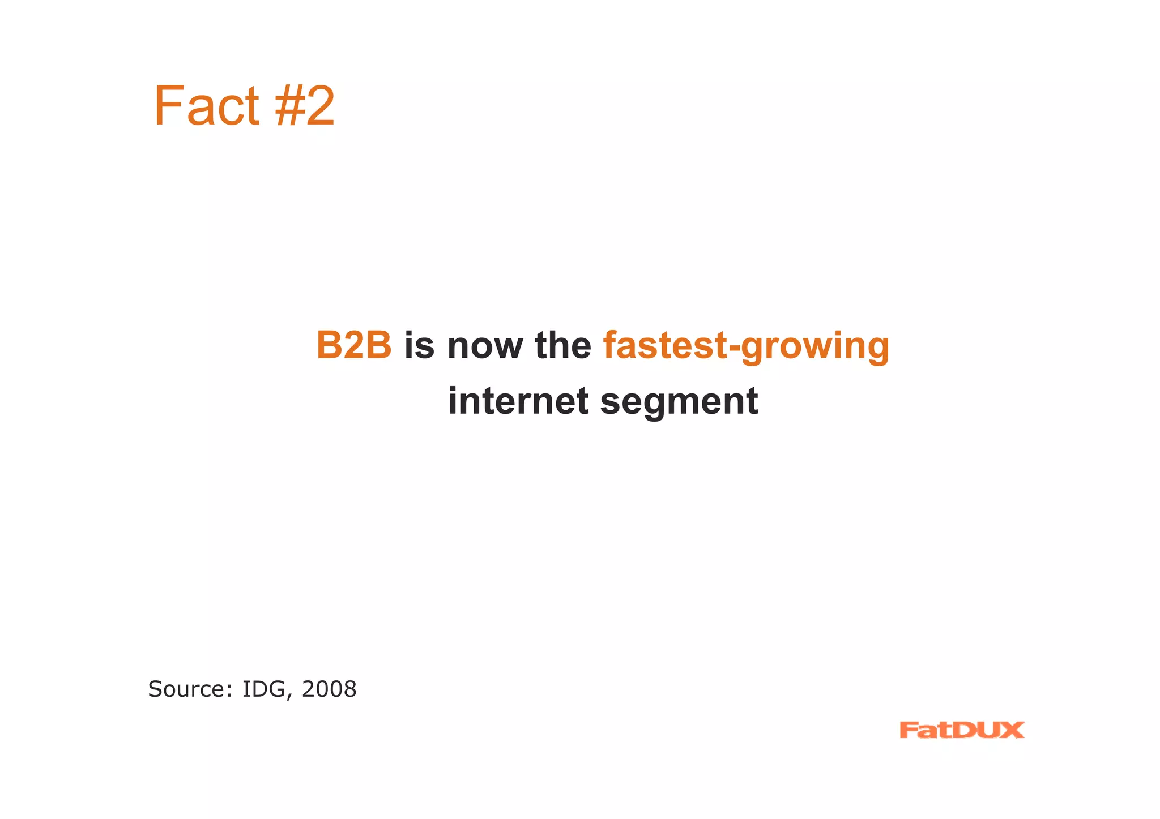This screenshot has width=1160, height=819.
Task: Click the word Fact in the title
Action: coord(206,106)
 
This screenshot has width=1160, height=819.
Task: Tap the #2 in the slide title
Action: coord(305,106)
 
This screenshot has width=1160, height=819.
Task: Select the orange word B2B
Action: coord(353,345)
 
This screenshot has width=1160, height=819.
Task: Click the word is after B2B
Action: coord(419,345)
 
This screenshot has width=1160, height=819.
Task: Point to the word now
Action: coord(484,346)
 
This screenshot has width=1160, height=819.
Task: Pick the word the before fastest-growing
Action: coord(562,345)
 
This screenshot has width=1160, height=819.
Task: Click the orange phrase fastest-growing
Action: coord(746,346)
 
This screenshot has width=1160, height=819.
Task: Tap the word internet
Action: coord(518,401)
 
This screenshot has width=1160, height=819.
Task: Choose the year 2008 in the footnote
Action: coord(329,689)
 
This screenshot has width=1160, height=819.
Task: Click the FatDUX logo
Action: coord(961,730)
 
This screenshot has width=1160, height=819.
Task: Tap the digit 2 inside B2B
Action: coord(353,345)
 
